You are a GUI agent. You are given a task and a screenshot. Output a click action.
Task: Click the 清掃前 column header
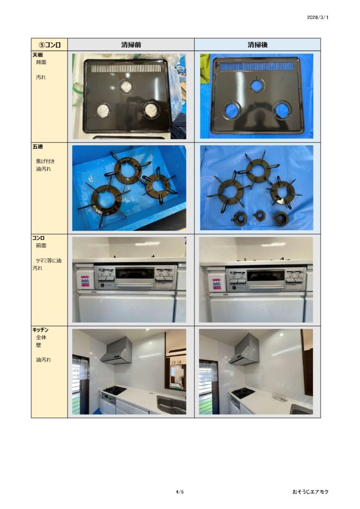131,45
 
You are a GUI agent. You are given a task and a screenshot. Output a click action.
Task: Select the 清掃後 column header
258,45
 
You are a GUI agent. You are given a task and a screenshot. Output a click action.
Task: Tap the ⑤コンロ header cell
49,45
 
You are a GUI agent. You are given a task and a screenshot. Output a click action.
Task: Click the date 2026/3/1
317,17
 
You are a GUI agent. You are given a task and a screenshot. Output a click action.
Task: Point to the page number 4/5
180,492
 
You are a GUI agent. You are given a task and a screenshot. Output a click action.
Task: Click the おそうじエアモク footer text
310,492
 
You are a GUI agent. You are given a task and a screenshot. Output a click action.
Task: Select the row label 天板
38,55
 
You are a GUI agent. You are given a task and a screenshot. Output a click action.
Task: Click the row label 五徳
38,147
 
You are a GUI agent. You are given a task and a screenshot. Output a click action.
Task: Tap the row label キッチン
40,330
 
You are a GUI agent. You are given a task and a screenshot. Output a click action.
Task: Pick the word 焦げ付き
45,161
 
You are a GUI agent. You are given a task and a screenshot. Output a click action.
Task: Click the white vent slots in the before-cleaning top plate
126,68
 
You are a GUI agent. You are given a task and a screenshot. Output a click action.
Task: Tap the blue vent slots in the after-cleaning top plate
257,66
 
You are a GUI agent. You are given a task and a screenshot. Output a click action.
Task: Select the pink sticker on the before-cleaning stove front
85,281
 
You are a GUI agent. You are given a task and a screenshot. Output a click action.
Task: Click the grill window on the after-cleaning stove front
266,275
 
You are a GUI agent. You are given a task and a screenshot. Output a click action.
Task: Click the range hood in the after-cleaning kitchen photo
244,350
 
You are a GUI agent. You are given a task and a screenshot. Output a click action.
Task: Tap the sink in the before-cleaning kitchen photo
171,404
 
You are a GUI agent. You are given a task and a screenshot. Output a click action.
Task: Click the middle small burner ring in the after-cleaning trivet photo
259,216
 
